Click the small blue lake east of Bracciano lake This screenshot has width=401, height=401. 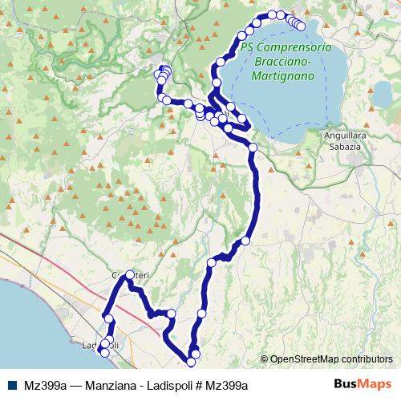tap(383, 95)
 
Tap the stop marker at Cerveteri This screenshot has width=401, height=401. tap(130, 275)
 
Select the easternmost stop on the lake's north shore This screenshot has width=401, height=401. tap(302, 26)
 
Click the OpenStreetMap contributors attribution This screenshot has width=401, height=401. tap(330, 359)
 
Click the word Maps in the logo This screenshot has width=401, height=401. tap(377, 385)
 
